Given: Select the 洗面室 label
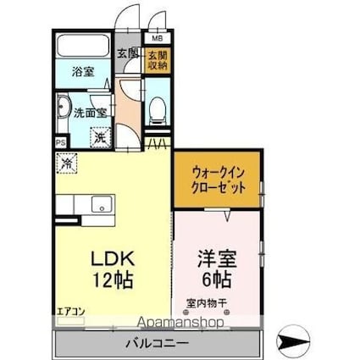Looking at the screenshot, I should click(x=88, y=111).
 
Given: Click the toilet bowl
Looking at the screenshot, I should click(x=158, y=110).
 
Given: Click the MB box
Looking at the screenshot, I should click(x=158, y=38).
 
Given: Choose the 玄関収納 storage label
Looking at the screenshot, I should click(x=158, y=59).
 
